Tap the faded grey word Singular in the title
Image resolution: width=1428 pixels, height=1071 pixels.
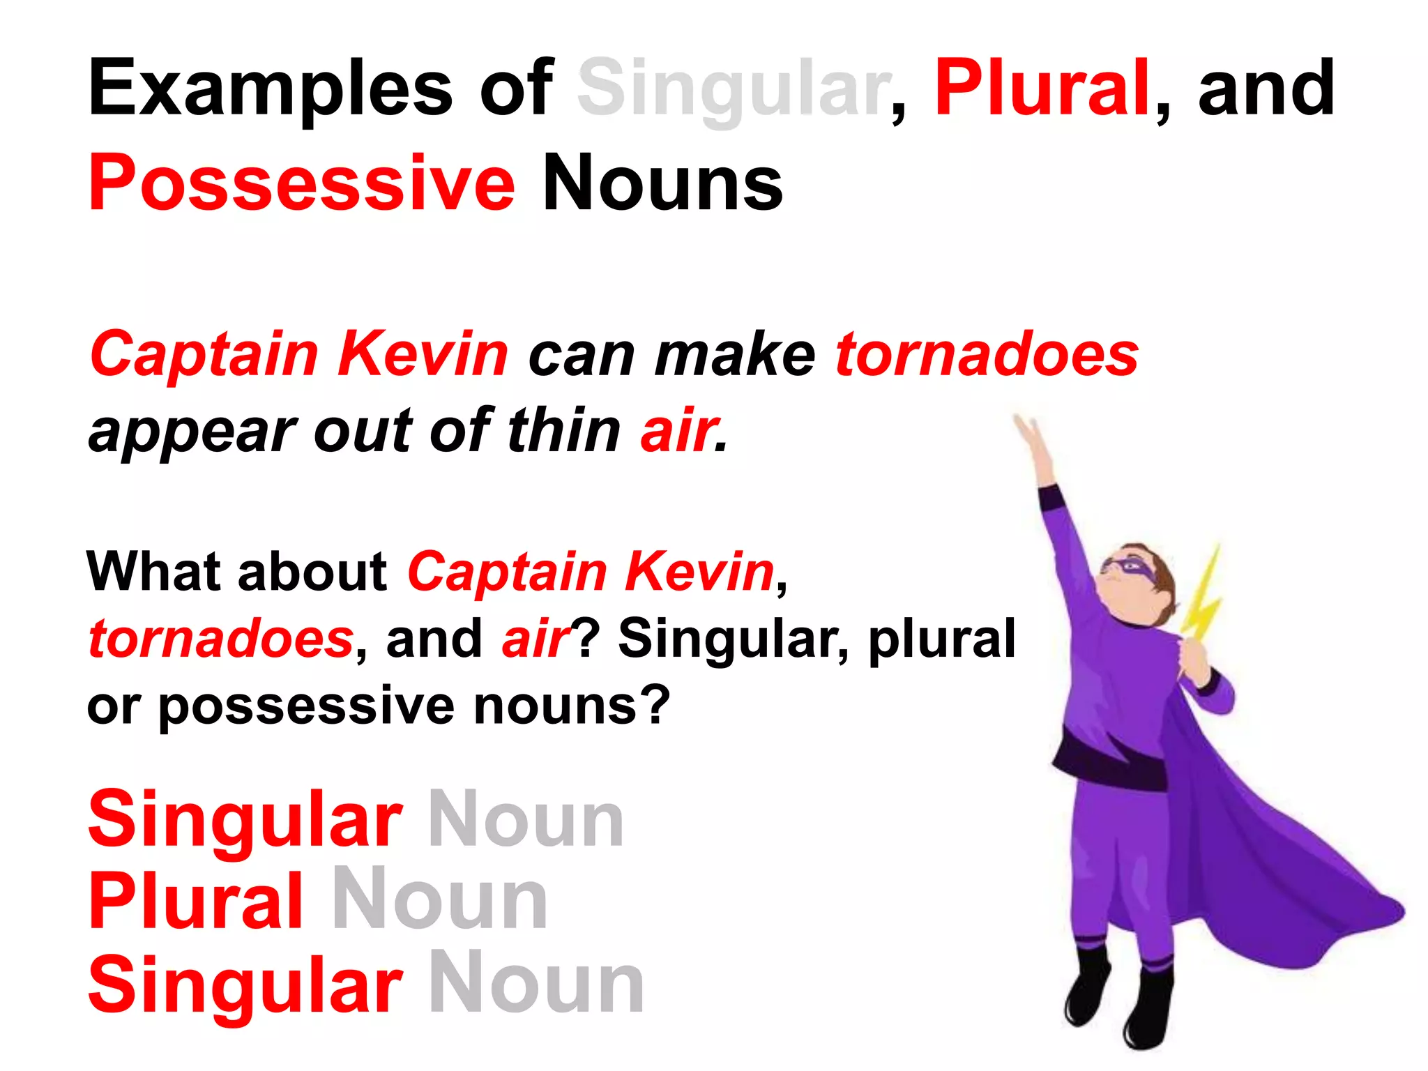tap(732, 89)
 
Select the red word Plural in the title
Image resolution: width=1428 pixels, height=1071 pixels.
tap(1041, 88)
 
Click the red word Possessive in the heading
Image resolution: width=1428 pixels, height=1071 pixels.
tap(301, 183)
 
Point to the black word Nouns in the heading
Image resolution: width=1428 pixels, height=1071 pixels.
tap(662, 183)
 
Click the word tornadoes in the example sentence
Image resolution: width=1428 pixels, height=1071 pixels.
tap(987, 354)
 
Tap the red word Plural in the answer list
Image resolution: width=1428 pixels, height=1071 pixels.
tap(196, 901)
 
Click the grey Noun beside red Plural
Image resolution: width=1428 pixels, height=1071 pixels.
tap(440, 901)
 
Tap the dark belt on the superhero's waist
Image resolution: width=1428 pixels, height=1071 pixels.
tap(1109, 764)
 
